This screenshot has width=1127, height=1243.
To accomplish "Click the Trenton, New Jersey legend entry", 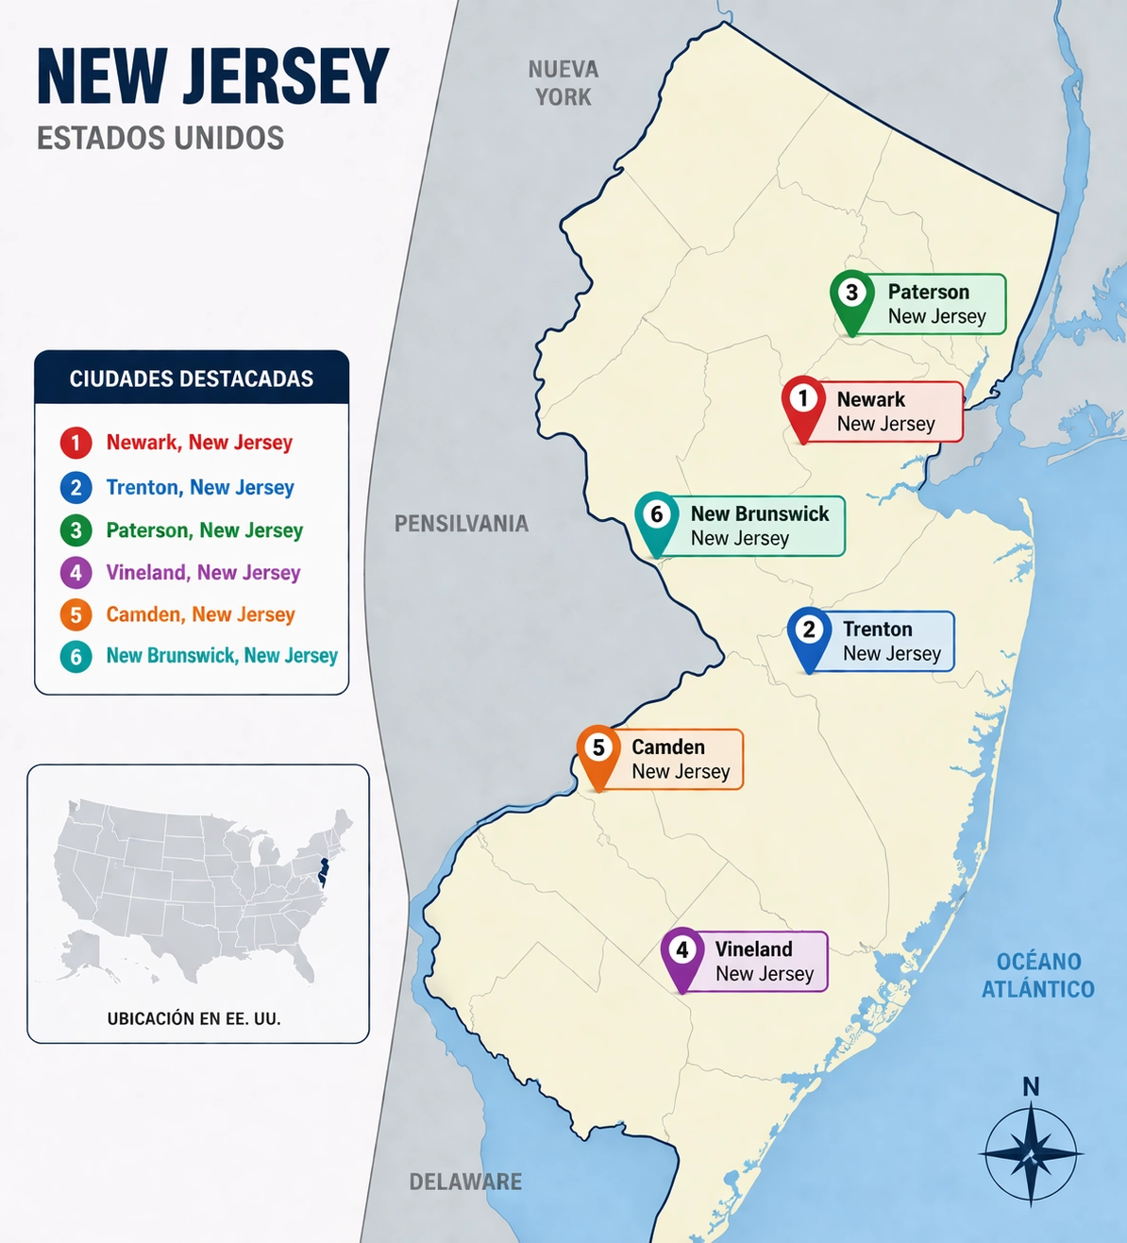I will (x=200, y=487).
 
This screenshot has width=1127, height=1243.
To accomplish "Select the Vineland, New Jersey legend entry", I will (x=203, y=572).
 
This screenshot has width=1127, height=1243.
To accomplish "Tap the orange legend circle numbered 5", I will (x=76, y=615).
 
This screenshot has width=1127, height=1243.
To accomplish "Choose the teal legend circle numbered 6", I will (x=76, y=657).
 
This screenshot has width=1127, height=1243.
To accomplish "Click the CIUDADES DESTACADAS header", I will (x=192, y=378).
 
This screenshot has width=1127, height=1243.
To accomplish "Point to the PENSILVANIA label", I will (x=461, y=524).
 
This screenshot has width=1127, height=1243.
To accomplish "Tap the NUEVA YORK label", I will (x=563, y=83).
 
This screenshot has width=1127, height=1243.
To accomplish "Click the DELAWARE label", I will (x=465, y=1182).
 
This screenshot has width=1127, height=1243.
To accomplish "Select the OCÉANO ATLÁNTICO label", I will (x=1038, y=975).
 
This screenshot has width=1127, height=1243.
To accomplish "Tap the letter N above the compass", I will (x=1031, y=1087).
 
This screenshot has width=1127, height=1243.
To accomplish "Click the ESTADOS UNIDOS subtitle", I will (x=160, y=139).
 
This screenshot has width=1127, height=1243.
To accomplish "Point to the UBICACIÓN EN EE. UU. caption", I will (x=194, y=1018).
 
